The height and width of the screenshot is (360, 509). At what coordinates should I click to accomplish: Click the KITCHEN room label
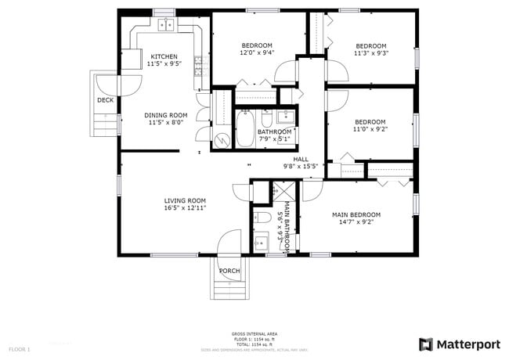(164, 56)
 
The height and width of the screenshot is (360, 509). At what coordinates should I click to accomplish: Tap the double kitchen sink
(167, 25)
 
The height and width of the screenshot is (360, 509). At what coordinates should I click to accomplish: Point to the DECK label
(105, 100)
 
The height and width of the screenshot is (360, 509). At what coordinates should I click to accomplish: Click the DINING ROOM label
(164, 115)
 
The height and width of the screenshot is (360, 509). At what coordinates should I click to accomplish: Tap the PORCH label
(229, 271)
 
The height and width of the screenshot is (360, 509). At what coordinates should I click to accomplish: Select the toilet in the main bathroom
(264, 216)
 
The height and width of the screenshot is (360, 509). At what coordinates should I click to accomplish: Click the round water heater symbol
(222, 139)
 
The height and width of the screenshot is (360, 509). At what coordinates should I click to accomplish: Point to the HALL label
(301, 159)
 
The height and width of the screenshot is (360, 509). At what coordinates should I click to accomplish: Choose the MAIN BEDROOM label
(356, 214)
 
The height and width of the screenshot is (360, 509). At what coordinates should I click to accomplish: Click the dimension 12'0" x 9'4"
(256, 52)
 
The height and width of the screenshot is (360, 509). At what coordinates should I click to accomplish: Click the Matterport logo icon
(426, 344)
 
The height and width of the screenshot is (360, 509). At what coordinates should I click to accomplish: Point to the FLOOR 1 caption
(19, 348)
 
